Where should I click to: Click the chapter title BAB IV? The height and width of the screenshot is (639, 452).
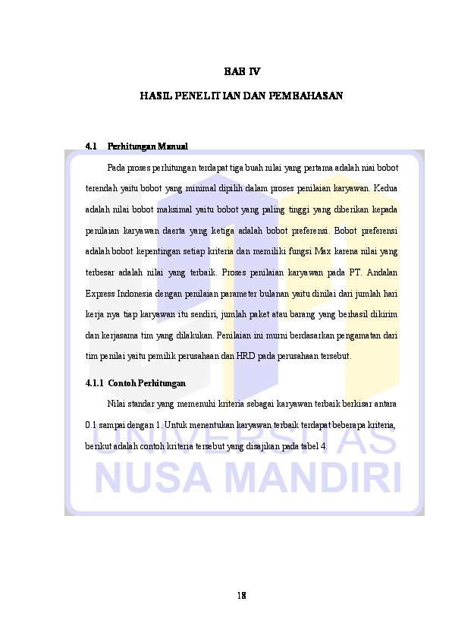[242, 72]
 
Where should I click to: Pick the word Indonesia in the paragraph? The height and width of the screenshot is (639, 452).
[137, 294]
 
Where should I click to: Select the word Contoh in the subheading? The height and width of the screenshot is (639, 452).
[123, 383]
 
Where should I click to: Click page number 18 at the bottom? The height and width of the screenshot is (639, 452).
[241, 594]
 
